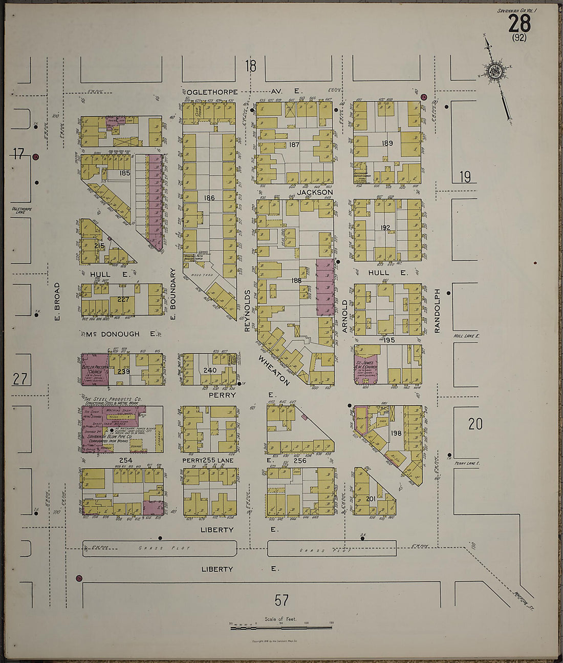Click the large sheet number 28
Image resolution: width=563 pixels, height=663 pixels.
[519, 24]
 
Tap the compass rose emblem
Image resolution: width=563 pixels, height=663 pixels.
[494, 72]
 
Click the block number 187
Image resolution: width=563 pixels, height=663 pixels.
[294, 145]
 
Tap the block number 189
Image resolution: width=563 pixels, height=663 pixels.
[387, 143]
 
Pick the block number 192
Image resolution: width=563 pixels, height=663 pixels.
[385, 227]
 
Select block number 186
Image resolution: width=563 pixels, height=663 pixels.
[209, 198]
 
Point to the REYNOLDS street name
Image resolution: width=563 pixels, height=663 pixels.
[247, 311]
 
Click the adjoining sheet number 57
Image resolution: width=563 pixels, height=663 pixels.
[281, 599]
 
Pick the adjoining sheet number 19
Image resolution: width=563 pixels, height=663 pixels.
[465, 177]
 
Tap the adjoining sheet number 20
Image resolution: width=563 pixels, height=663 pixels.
[475, 424]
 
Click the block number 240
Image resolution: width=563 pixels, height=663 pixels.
[210, 370]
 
